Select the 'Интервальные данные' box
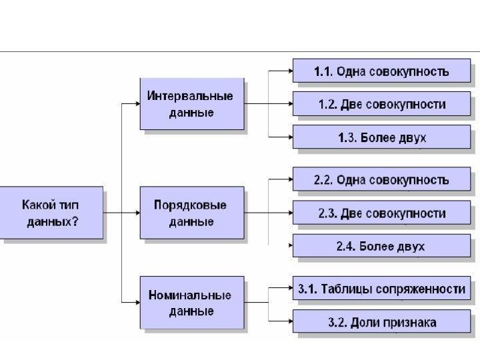tap(191, 103)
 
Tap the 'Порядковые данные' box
tap(191, 213)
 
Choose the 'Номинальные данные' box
tap(191, 302)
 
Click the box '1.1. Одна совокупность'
tap(381, 71)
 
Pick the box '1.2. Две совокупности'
tap(381, 104)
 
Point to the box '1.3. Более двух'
tap(381, 137)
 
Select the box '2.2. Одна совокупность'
tap(381, 180)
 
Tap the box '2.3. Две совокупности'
tap(381, 213)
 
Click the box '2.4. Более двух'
tap(381, 246)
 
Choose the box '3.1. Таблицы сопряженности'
tap(381, 289)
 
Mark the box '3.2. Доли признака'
tap(381, 322)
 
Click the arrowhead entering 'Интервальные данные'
tap(136, 104)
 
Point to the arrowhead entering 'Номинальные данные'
tap(136, 303)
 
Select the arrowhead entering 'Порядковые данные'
tap(136, 213)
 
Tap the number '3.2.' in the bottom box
tap(338, 323)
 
